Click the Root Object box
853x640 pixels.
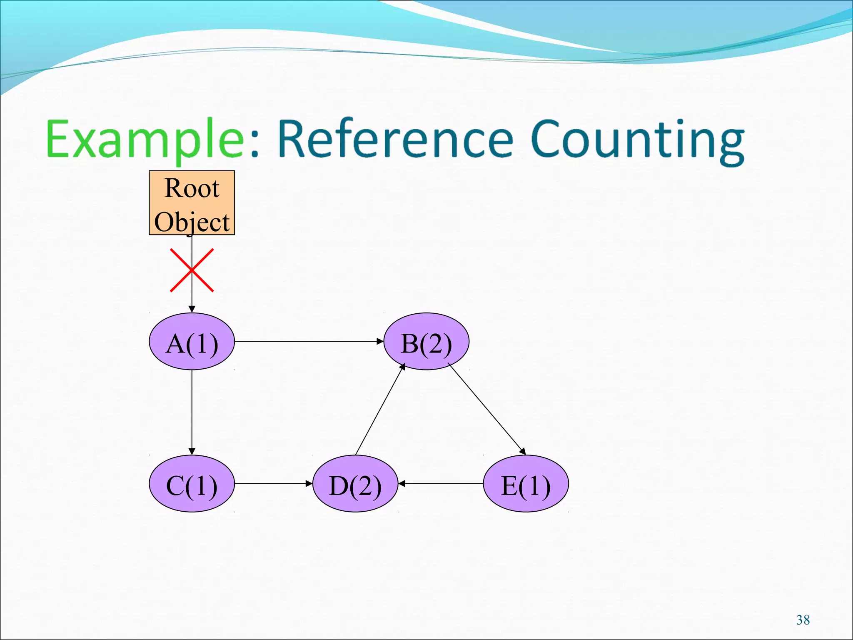pyautogui.click(x=192, y=203)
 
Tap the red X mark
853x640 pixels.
pyautogui.click(x=192, y=270)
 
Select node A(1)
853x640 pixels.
pyautogui.click(x=192, y=341)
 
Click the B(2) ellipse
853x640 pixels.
pyautogui.click(x=426, y=341)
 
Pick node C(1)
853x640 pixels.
pyautogui.click(x=192, y=484)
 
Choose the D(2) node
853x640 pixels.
pyautogui.click(x=355, y=484)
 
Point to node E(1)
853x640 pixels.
pyautogui.click(x=526, y=484)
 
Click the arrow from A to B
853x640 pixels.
pyautogui.click(x=308, y=341)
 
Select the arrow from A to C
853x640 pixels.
pyautogui.click(x=192, y=412)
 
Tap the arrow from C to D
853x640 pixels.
pyautogui.click(x=273, y=484)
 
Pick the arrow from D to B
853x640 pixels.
pyautogui.click(x=380, y=410)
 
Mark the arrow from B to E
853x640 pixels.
pyautogui.click(x=486, y=408)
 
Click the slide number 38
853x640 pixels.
pyautogui.click(x=803, y=620)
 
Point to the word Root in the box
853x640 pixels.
pyautogui.click(x=192, y=188)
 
